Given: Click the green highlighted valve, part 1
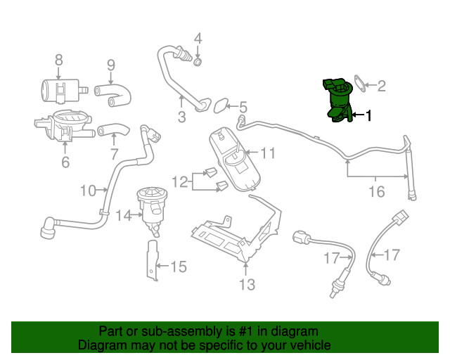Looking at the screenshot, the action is [x=338, y=101].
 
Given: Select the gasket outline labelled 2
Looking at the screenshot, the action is [x=360, y=84].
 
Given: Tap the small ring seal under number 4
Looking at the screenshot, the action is [x=198, y=62].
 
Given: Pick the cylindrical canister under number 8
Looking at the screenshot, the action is [x=61, y=91].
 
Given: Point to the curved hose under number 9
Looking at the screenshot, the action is [x=113, y=95].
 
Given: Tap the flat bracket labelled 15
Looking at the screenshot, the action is [x=153, y=260].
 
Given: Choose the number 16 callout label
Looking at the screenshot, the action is [x=377, y=191].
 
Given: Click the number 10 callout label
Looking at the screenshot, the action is [x=88, y=191].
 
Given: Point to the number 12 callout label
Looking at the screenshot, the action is [x=180, y=181].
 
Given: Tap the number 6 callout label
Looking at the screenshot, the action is [x=65, y=162].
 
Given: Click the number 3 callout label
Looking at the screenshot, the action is [x=181, y=117].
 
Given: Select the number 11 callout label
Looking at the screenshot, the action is [x=268, y=153].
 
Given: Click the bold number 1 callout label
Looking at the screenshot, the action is [x=368, y=115].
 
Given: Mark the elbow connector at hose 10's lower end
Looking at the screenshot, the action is [x=48, y=228].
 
